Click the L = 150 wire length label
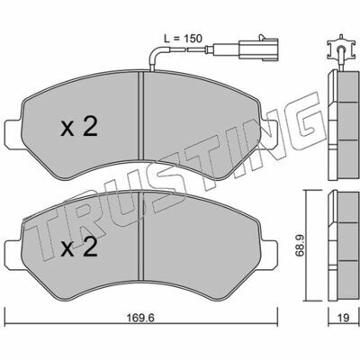click(183, 39)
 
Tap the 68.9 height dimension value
click(301, 245)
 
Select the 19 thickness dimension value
click(344, 318)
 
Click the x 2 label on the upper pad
click(79, 127)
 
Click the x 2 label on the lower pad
click(79, 246)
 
